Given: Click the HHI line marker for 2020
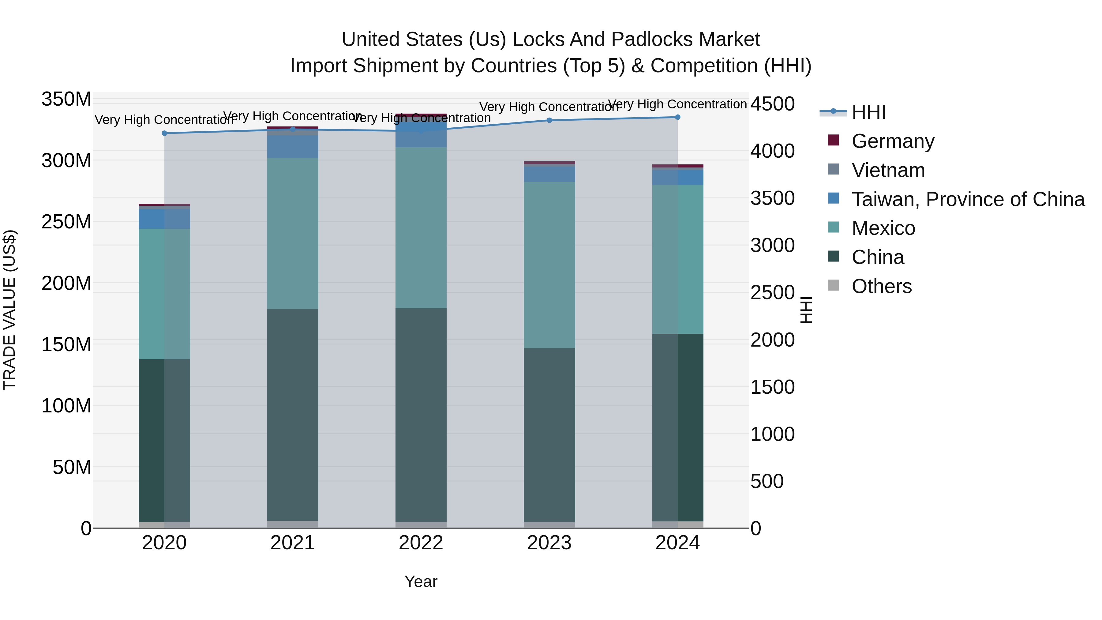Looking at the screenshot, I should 164,133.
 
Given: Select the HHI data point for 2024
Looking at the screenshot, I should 678,117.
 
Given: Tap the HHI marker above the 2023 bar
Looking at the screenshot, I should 549,120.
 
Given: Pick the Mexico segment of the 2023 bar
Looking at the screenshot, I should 549,265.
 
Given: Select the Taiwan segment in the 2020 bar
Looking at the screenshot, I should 164,219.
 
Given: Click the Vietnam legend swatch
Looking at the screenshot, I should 833,169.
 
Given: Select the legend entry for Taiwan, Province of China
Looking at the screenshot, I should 968,199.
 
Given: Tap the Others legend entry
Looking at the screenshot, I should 881,286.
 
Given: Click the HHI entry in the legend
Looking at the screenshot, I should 868,112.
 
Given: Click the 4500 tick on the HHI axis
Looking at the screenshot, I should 773,104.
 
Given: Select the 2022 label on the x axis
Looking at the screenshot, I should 421,543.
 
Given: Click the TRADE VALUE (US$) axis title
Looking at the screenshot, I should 9,310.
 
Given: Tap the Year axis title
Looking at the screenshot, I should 421,581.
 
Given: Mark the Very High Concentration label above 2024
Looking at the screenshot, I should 678,104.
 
